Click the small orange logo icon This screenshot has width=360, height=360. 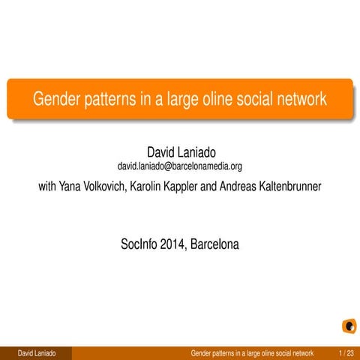pos(348,326)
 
